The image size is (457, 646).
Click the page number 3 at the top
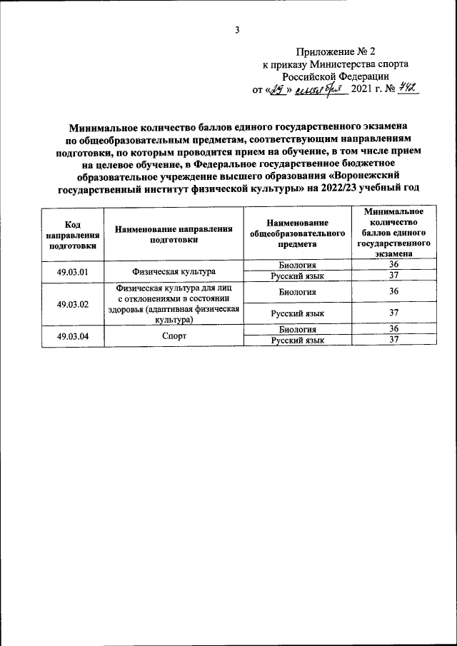236,29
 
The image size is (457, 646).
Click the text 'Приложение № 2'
335,51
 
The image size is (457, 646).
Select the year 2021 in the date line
362,91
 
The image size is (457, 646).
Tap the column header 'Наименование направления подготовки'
174,233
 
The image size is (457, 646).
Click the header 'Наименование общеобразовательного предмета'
296,233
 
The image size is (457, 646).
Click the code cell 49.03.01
72,271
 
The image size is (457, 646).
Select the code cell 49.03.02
72,304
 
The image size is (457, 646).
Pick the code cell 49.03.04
72,335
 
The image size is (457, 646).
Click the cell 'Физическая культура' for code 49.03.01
174,271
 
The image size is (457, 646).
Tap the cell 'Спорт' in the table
174,335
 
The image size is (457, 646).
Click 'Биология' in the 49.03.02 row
296,292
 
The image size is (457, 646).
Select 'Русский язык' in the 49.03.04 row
296,340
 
